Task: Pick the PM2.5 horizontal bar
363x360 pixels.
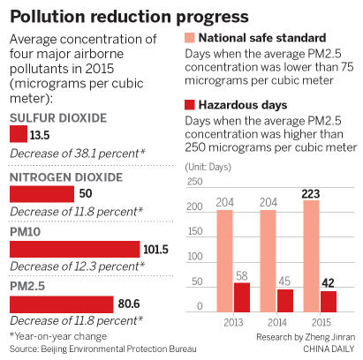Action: tap(61, 304)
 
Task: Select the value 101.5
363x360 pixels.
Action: tap(155, 249)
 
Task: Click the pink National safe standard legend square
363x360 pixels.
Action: tap(190, 38)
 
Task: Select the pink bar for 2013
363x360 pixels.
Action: tap(224, 260)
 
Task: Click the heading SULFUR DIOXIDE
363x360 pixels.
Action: tap(57, 117)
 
